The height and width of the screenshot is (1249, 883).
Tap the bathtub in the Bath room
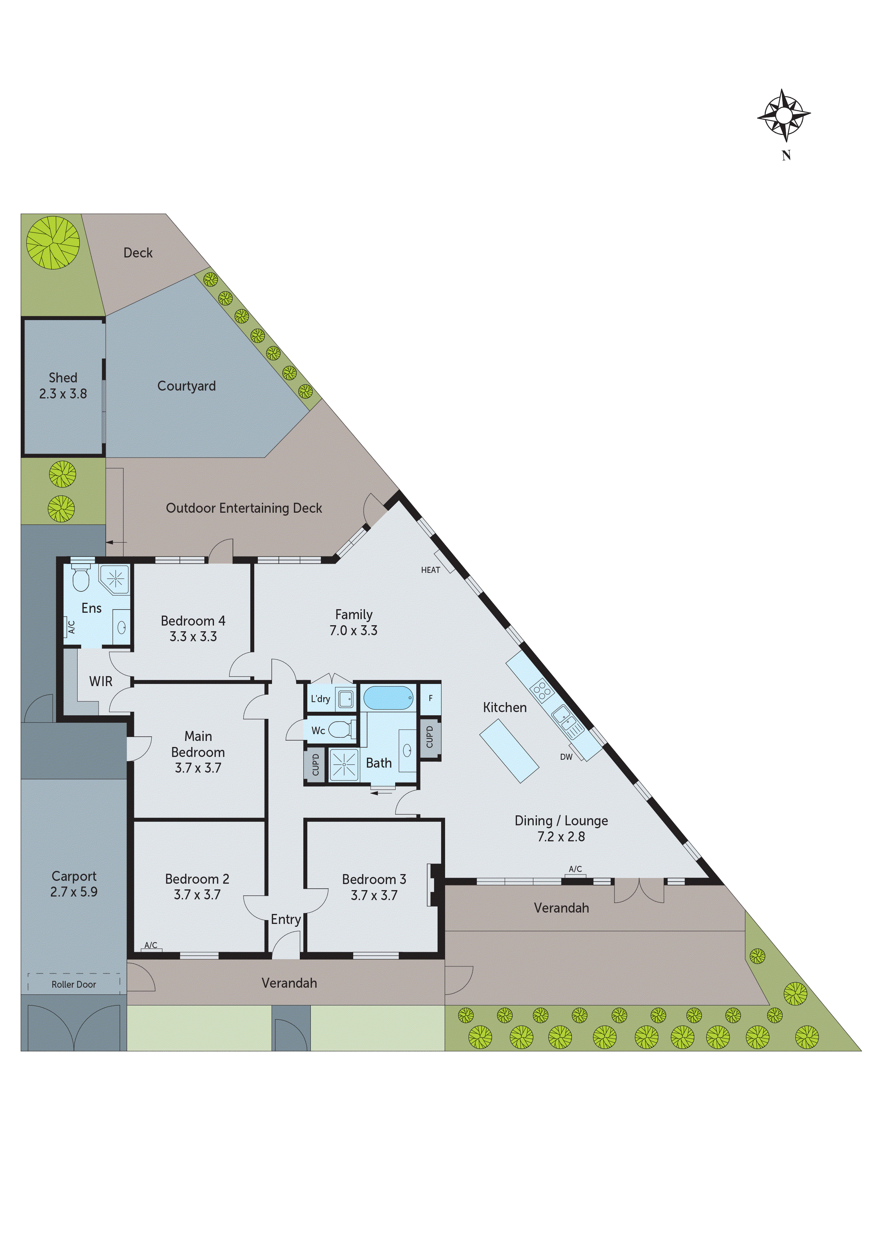[388, 698]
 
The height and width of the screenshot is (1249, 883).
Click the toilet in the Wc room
[341, 729]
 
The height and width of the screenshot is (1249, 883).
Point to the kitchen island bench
[509, 751]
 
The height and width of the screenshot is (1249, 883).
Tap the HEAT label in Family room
[430, 570]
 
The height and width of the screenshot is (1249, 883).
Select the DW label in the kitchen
[566, 757]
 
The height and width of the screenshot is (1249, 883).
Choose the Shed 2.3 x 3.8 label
[63, 386]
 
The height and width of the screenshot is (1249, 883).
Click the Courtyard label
[187, 386]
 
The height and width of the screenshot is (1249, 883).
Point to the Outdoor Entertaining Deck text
[244, 508]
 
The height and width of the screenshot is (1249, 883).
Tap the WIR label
[101, 681]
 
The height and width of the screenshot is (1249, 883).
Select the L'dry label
[320, 699]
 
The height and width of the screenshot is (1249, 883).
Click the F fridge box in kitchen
[430, 698]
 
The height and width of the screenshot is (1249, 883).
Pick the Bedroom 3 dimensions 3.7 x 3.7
[374, 895]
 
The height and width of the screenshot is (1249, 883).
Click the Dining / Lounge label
[561, 820]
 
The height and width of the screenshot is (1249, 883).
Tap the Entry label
[286, 919]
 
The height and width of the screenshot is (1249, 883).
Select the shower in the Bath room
[344, 765]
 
